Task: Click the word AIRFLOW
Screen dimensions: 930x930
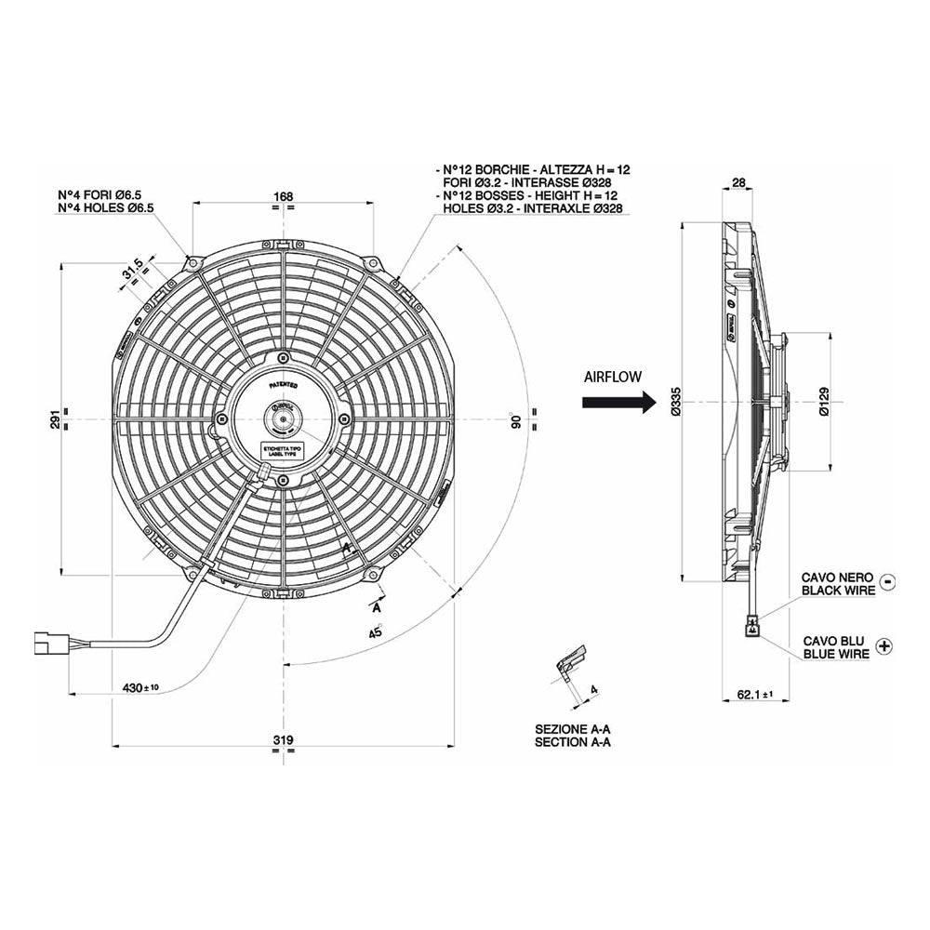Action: pos(614,377)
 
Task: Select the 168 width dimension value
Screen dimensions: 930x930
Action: pos(284,196)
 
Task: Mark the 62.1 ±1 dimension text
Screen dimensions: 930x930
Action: pos(754,694)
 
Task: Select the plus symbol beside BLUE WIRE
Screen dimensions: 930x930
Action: pos(883,644)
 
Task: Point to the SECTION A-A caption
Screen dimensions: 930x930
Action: pos(573,743)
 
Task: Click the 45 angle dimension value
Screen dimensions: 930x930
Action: pos(376,632)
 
